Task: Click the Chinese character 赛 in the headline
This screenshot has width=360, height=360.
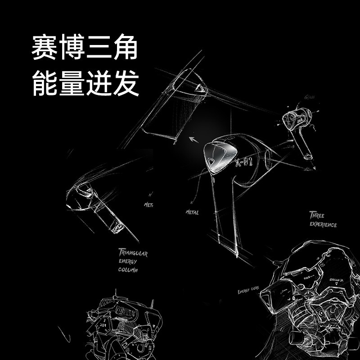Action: (45, 49)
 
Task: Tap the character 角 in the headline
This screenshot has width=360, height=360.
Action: (124, 49)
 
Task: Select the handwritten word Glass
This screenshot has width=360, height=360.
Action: (309, 97)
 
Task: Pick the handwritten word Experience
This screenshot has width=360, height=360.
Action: (323, 225)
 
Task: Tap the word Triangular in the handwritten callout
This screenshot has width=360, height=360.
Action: (133, 253)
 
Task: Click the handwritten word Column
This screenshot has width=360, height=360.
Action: (129, 270)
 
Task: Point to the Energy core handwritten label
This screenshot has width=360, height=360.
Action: (248, 291)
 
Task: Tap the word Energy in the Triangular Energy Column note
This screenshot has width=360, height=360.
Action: (128, 261)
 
